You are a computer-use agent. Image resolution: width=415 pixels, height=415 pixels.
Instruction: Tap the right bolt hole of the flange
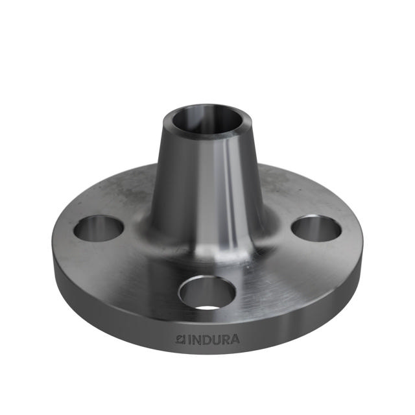(316, 228)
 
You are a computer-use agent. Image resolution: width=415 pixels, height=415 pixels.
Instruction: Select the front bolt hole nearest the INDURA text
(207, 292)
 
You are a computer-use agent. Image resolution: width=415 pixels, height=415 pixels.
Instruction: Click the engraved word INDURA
(213, 338)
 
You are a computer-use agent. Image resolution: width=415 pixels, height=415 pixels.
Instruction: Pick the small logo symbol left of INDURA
(182, 338)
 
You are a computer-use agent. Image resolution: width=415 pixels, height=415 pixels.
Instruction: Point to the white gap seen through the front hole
(207, 303)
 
